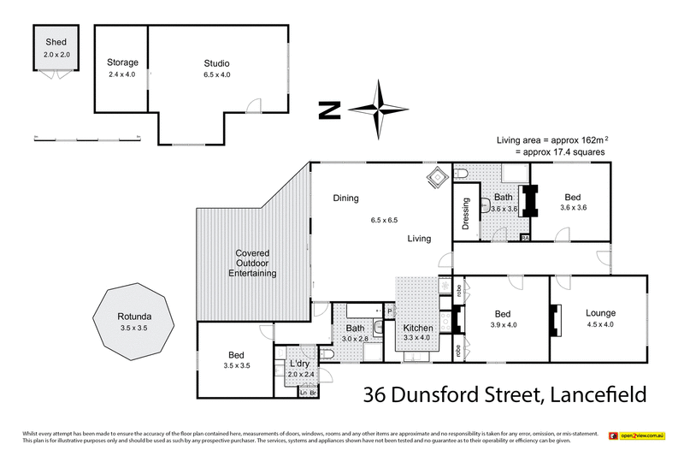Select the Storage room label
coord(122,62)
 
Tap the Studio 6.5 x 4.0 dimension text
coord(216,75)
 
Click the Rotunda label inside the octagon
coord(132,316)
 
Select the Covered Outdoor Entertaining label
coord(253,264)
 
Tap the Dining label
coord(345,198)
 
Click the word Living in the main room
coord(418,239)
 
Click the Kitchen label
coord(418,328)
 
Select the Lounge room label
coord(600,313)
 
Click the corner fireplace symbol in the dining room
coord(437,178)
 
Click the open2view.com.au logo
coord(636,436)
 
